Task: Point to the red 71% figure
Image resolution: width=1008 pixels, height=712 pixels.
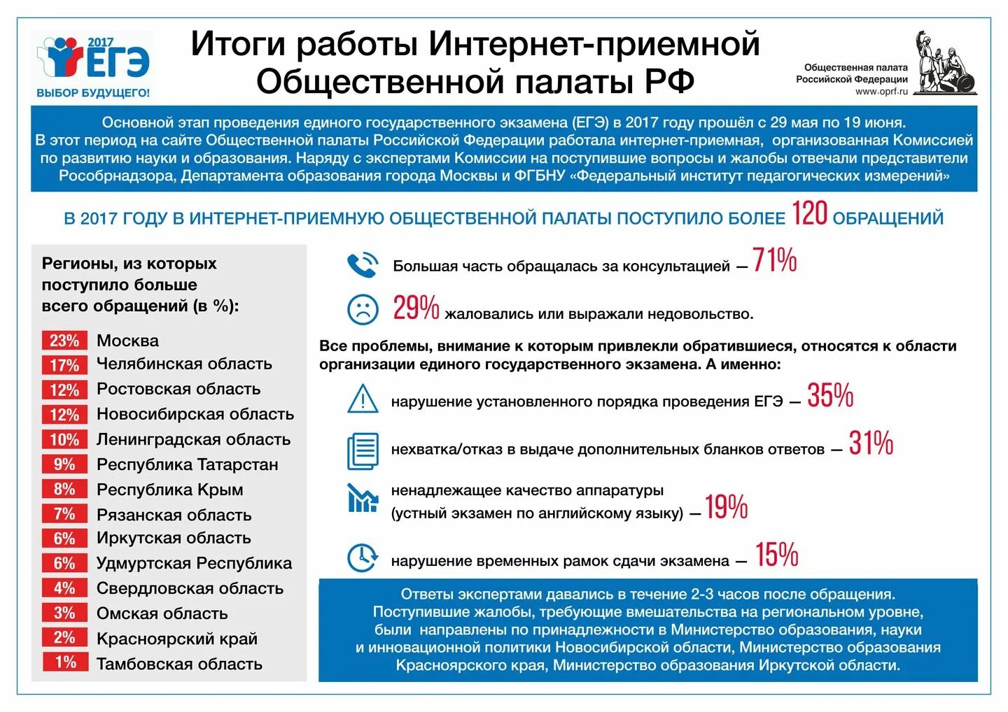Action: (775, 260)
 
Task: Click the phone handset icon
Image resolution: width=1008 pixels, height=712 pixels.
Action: (363, 265)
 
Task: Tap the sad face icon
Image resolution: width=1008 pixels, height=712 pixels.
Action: (363, 309)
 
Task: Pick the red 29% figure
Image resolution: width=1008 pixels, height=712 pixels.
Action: (416, 308)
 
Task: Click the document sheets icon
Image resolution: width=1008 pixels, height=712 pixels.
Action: (363, 450)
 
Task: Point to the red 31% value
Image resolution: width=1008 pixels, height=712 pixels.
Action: (871, 443)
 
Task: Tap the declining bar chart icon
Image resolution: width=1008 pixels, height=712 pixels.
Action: (363, 498)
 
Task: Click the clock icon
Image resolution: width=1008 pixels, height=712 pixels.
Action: (363, 557)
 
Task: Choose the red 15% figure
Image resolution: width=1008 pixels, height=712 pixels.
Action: (776, 555)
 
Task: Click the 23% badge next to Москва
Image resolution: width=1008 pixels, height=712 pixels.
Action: (64, 341)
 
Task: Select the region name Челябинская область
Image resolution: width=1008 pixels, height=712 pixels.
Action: (184, 364)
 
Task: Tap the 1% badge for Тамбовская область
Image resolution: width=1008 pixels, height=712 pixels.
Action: (64, 662)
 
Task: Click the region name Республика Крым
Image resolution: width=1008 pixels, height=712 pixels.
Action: (170, 490)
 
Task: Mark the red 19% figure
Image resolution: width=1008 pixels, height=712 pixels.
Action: (726, 507)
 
